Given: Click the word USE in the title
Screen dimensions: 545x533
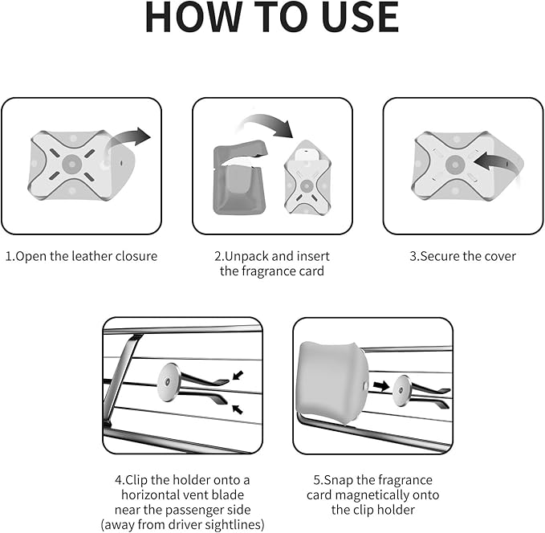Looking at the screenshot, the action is (x=360, y=17).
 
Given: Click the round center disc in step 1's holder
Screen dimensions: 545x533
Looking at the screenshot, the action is (x=72, y=164).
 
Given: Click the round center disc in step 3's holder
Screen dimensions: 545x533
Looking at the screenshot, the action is (x=455, y=165).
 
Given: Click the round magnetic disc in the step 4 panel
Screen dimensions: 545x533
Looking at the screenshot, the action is (x=169, y=382).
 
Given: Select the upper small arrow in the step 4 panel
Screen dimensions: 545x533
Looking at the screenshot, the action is (x=238, y=375).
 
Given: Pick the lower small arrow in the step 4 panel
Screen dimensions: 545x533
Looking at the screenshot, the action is (x=238, y=409).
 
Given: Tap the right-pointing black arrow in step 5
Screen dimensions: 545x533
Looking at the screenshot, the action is (x=381, y=385).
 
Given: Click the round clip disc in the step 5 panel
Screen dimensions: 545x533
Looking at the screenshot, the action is (x=402, y=391).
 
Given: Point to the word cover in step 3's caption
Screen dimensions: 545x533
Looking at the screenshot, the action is (x=500, y=257).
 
